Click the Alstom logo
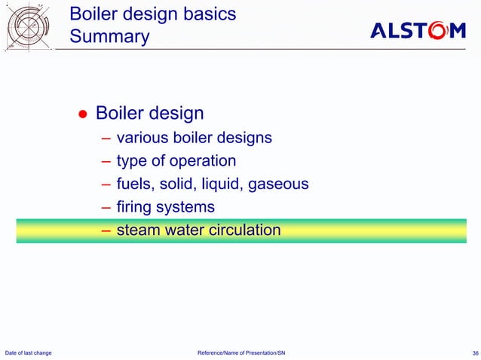[x=418, y=31]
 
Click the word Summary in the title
[x=109, y=37]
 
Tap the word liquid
[x=228, y=184]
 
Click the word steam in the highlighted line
[x=138, y=230]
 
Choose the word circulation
[x=241, y=230]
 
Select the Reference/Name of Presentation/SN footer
[x=240, y=352]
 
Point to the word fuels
[x=133, y=184]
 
